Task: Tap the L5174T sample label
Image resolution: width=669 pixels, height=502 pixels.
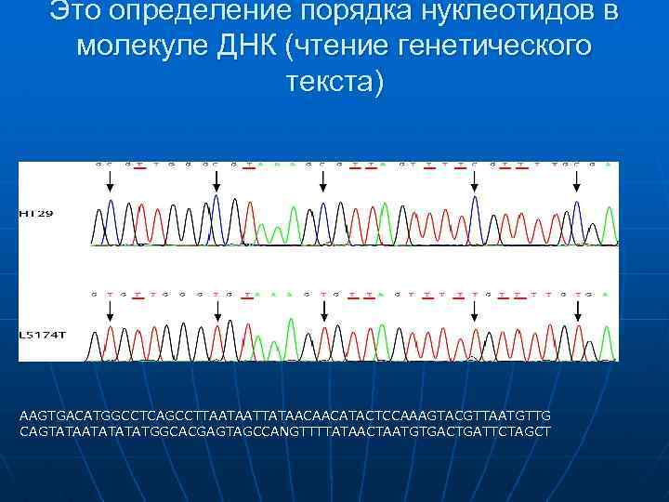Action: point(41,332)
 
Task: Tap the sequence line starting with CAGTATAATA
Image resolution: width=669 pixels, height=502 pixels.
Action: point(284,431)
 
